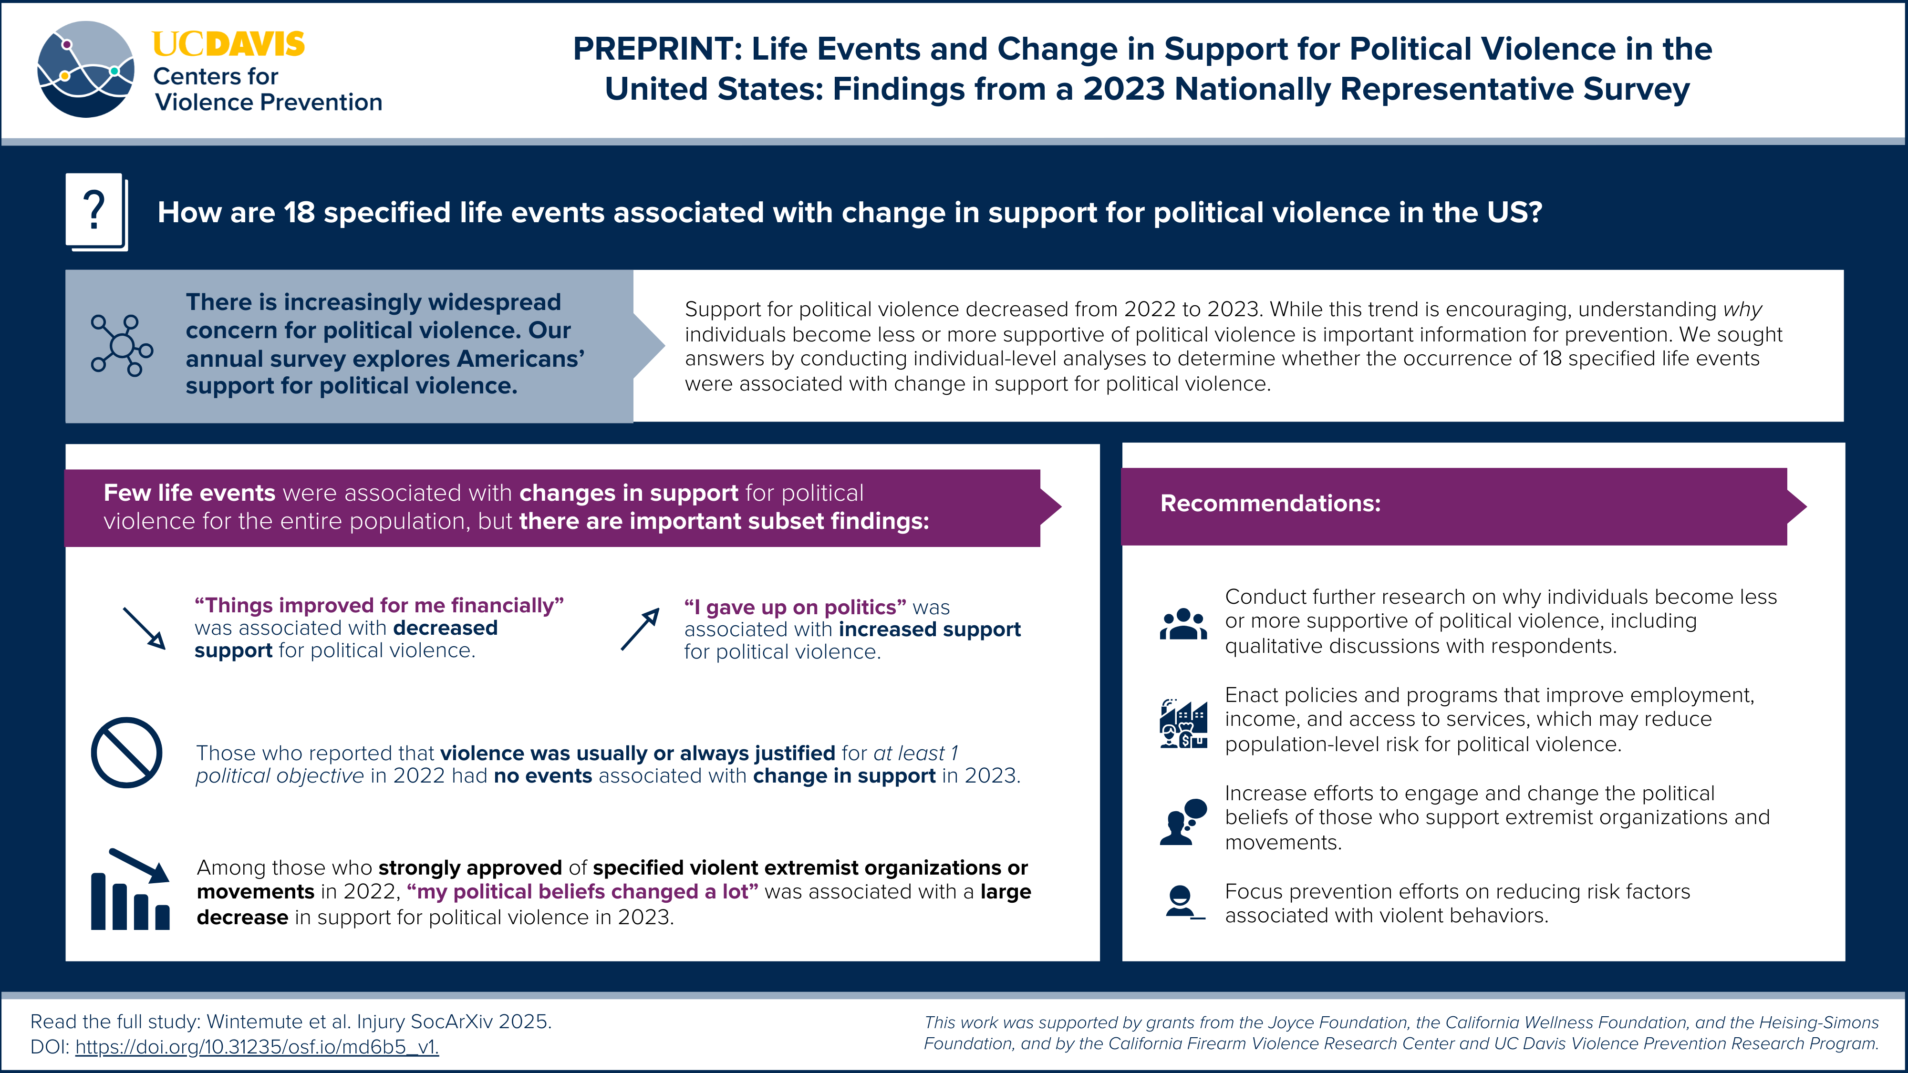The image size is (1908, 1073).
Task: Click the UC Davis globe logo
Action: (86, 69)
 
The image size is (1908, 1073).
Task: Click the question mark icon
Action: (95, 211)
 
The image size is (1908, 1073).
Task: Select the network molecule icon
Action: (122, 345)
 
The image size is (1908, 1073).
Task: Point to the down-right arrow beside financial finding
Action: (144, 628)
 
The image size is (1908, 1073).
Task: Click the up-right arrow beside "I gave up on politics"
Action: (640, 629)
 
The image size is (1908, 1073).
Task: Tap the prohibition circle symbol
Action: (127, 753)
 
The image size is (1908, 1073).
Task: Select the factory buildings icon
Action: (1183, 723)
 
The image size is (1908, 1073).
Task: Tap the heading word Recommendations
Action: (1269, 504)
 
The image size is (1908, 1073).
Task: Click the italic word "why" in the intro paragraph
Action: (1742, 310)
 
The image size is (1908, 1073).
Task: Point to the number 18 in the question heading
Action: (299, 213)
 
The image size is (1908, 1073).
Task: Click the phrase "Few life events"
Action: (189, 493)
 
